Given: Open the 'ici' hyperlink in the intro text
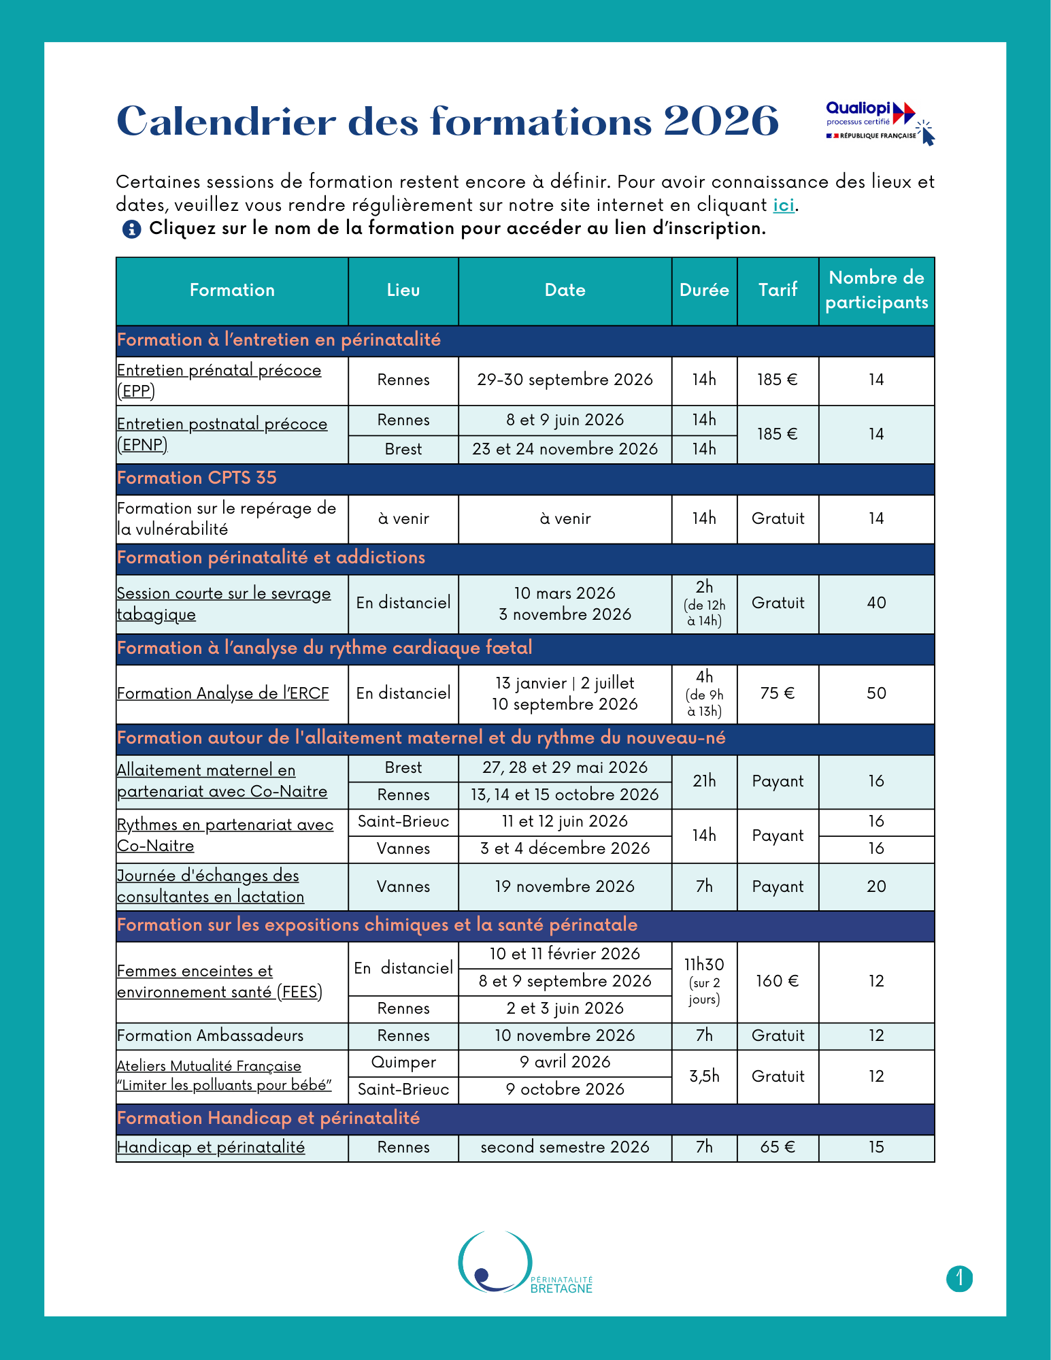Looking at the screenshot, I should (783, 205).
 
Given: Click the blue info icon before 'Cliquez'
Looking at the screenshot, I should (131, 229).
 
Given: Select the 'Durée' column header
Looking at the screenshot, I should (704, 291).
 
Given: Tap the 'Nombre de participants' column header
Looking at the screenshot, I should (876, 291).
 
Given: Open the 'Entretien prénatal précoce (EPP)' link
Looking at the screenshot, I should (218, 380).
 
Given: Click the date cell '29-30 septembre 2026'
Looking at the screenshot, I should (565, 380).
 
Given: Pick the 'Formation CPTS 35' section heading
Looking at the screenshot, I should (197, 478).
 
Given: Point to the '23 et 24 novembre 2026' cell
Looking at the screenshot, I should (565, 449).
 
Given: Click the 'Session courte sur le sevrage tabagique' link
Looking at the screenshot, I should (223, 603).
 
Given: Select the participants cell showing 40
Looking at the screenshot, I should (876, 603).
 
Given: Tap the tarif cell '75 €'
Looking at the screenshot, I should (778, 693).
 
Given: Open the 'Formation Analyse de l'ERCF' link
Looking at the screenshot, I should (222, 693).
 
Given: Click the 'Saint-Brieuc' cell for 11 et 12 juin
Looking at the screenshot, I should (403, 822).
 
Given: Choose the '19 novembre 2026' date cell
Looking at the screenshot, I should (565, 886).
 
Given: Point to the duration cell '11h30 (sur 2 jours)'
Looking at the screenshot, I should (704, 981).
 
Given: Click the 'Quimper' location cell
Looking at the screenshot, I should (403, 1063).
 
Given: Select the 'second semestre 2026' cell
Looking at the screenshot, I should (565, 1147).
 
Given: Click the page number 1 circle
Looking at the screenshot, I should (959, 1279).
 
